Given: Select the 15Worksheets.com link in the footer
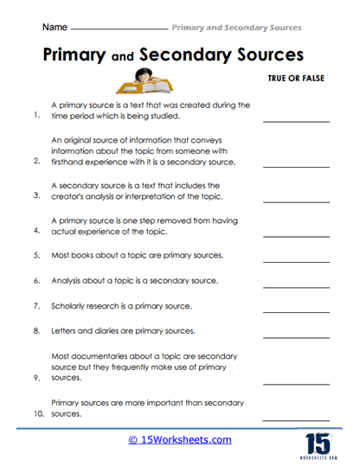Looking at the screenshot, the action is click(180, 439).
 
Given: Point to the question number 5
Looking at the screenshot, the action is click(36, 256).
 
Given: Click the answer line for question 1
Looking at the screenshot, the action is click(294, 124).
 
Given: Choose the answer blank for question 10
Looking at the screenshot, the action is click(294, 420).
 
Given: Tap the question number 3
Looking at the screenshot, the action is click(36, 195).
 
